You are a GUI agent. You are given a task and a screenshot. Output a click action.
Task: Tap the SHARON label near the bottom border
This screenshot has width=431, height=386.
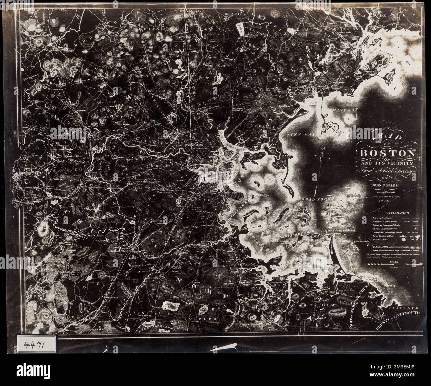[x=97, y=328]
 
